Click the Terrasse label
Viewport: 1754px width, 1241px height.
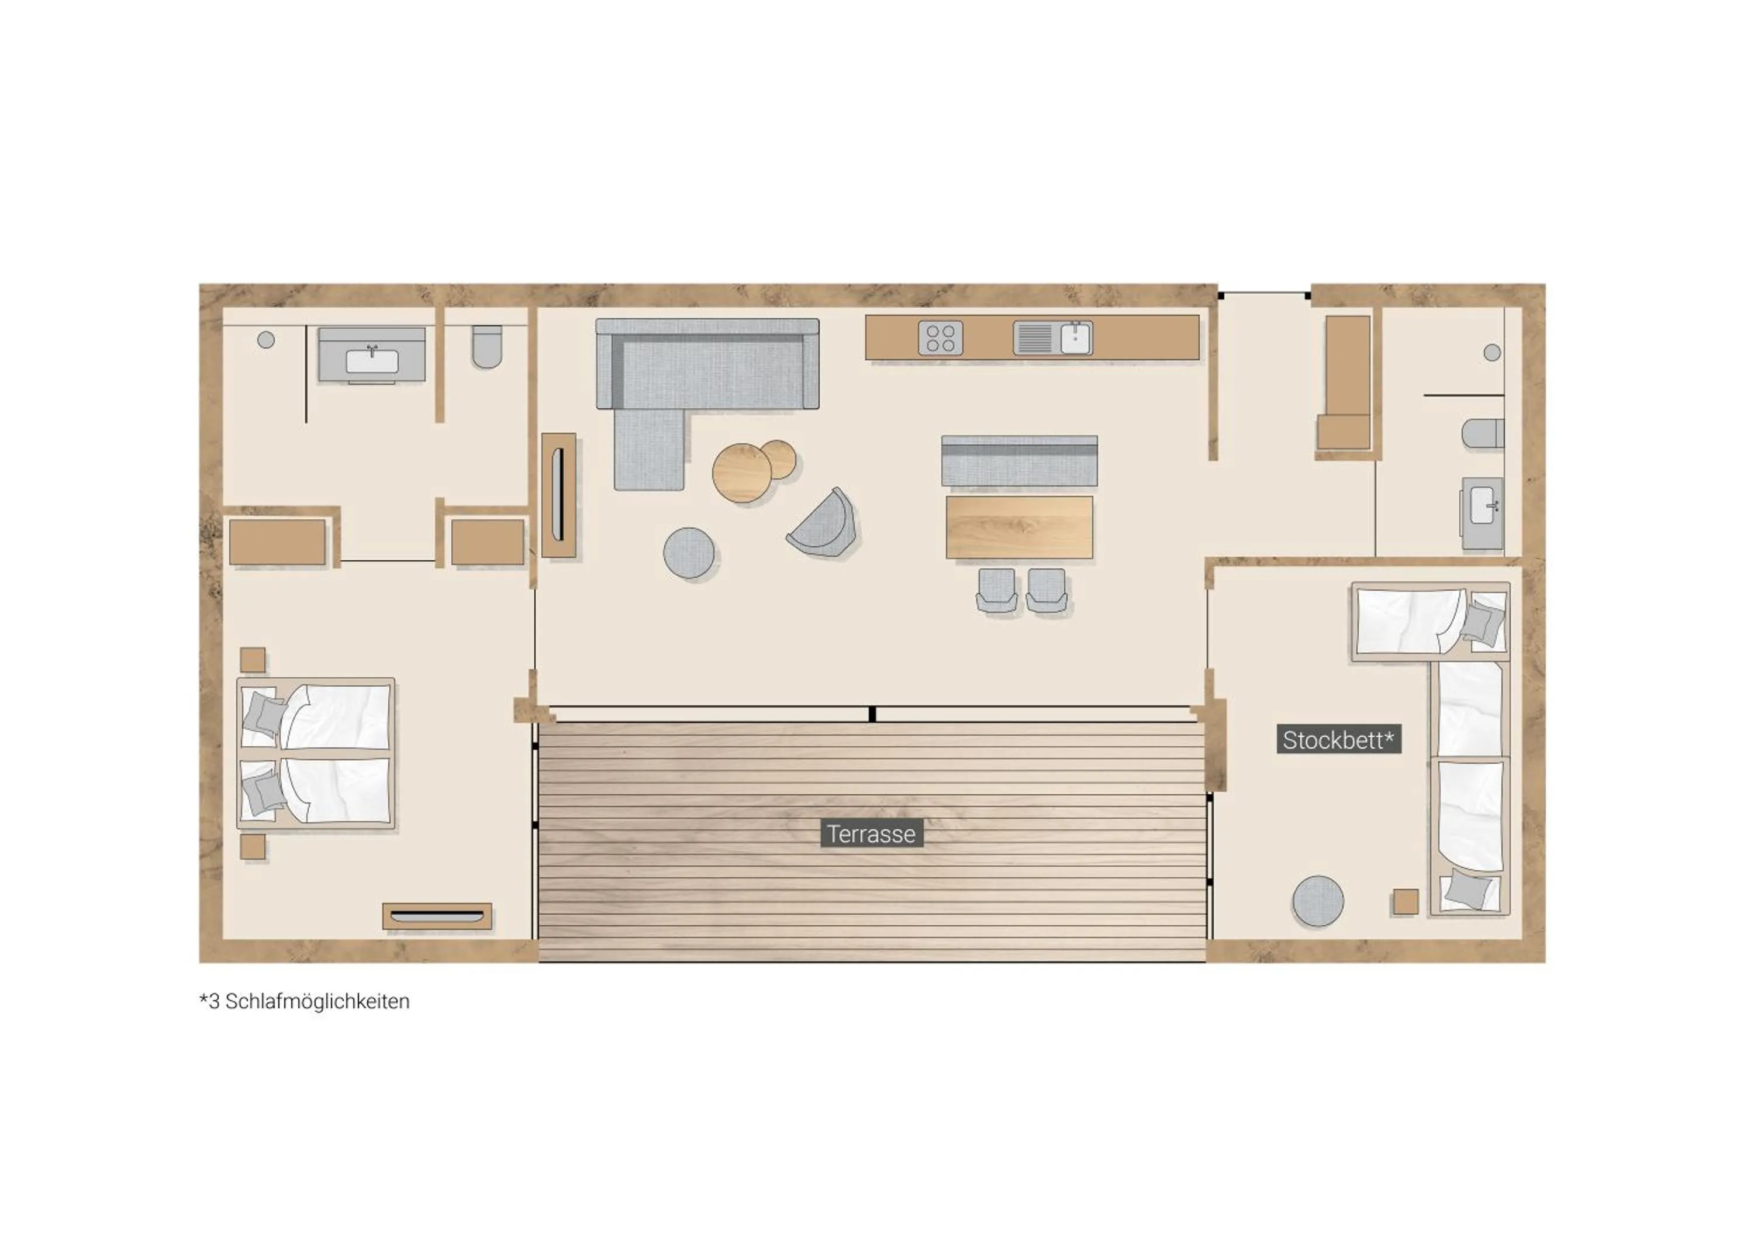[871, 834]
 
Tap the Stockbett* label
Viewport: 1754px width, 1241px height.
[1338, 740]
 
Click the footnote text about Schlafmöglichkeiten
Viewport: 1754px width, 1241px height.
[304, 1001]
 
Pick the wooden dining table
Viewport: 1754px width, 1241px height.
[1019, 528]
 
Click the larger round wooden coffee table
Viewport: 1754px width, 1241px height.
[740, 473]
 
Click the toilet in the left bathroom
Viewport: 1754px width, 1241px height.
[486, 347]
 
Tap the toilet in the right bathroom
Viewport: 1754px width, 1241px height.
[1483, 433]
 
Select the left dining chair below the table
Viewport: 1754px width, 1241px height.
[996, 589]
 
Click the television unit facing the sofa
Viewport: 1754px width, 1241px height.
[559, 495]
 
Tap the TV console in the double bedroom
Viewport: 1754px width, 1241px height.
[437, 916]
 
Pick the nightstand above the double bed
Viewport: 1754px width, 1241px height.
[253, 660]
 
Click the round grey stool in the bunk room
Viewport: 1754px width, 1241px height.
[1318, 902]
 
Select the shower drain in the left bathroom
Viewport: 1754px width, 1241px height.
[266, 340]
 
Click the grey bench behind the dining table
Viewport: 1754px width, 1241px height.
[1019, 461]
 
